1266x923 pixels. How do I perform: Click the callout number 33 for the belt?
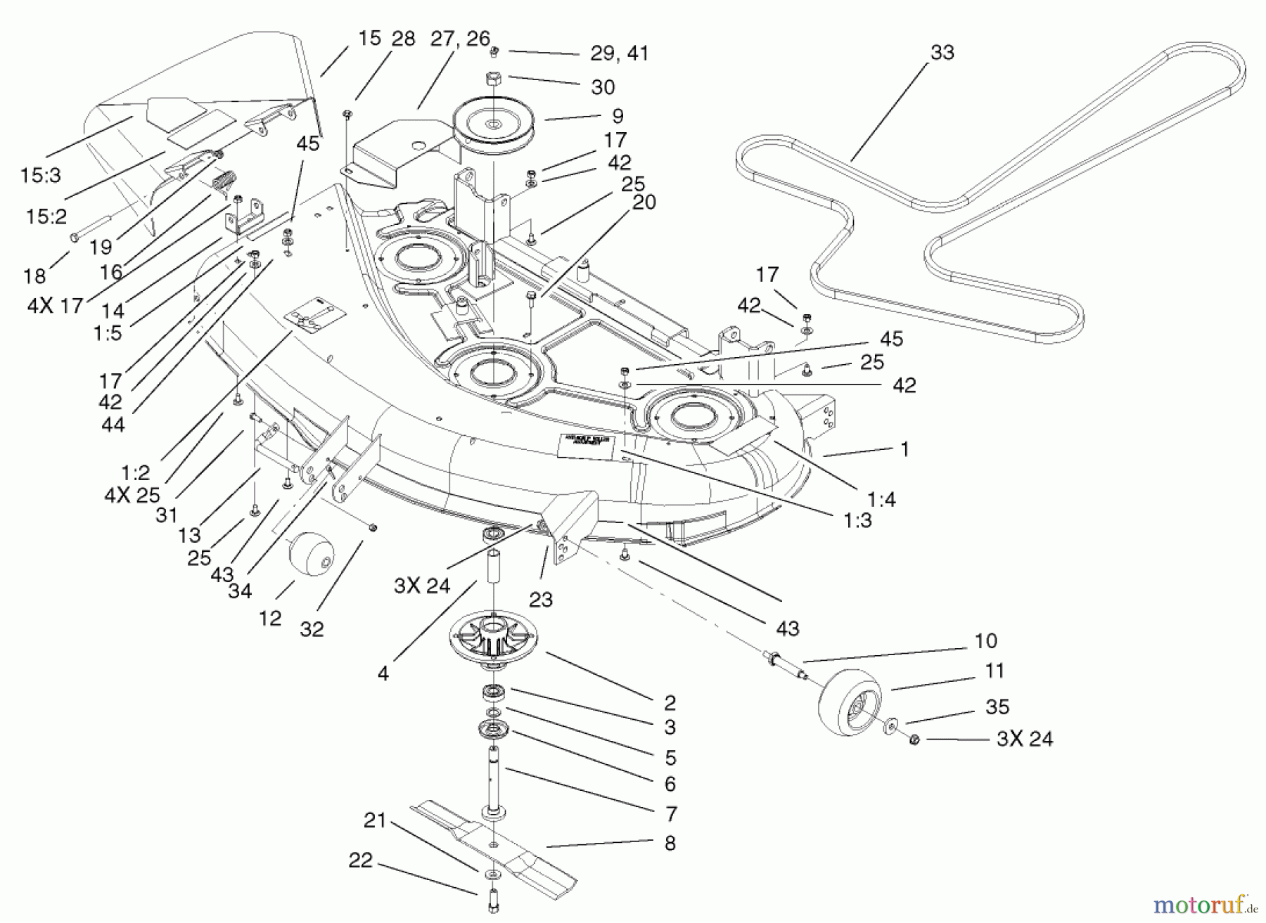(942, 53)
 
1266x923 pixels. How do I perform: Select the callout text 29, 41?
(619, 53)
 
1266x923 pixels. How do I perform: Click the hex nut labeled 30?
(494, 78)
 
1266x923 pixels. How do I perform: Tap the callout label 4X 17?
(55, 306)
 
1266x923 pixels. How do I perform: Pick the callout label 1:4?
(881, 499)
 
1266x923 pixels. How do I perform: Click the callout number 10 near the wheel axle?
(985, 640)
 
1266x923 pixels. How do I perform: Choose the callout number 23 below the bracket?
(541, 599)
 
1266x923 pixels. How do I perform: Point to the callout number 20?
(644, 202)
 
